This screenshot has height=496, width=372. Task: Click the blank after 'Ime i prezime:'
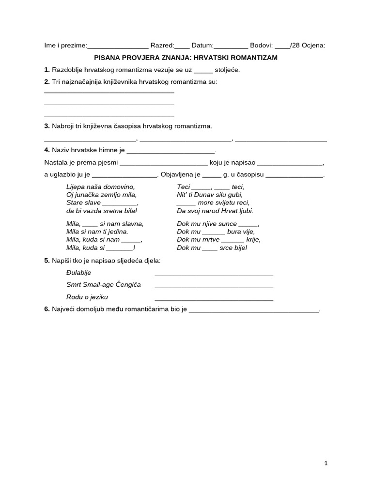118,46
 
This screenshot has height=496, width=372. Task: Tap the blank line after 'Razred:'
182,46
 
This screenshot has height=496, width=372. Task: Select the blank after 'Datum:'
231,46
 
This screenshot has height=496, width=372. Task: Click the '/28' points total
296,46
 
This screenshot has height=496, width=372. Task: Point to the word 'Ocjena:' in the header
313,46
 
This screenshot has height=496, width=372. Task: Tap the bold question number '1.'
47,70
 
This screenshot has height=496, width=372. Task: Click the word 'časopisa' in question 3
137,126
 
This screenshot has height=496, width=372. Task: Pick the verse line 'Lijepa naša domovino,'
100,186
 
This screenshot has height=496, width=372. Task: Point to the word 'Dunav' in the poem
210,195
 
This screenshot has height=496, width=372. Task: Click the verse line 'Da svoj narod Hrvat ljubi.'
215,211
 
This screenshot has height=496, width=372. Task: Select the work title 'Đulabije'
78,273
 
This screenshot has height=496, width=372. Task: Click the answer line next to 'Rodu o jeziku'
214,298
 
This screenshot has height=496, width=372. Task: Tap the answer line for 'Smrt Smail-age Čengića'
214,285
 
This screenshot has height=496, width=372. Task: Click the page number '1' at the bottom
326,463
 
